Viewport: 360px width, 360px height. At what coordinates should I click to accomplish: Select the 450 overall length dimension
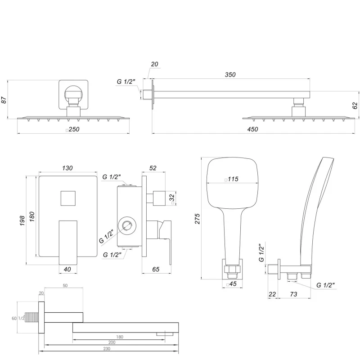(253, 129)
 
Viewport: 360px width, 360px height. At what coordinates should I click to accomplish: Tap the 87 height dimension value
(4, 100)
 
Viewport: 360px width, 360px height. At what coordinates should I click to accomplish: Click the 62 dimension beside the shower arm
(355, 105)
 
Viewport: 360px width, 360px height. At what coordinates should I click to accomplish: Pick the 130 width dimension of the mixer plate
(67, 168)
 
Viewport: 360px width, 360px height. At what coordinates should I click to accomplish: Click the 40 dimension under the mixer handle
(67, 270)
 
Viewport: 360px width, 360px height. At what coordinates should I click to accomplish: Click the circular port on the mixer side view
(126, 225)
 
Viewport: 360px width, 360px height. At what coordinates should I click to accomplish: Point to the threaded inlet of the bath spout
(32, 318)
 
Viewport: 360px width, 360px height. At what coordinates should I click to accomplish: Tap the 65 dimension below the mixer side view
(156, 270)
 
